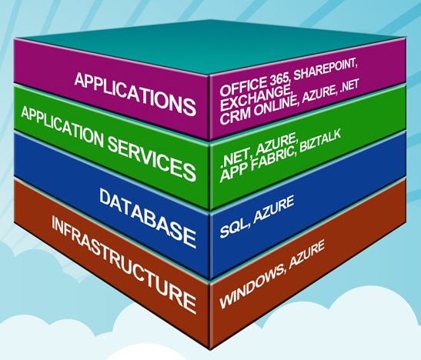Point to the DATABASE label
point(148,218)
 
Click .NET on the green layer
point(232,163)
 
